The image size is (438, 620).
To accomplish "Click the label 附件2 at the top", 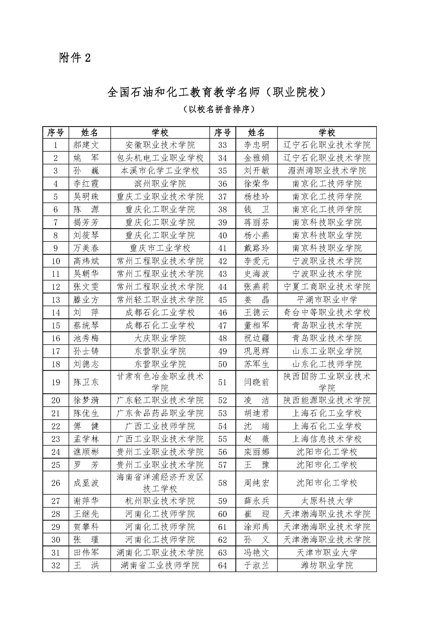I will pyautogui.click(x=75, y=58).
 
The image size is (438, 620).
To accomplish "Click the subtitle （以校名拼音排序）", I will pyautogui.click(x=219, y=109).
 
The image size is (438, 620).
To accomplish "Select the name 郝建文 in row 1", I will pyautogui.click(x=86, y=145).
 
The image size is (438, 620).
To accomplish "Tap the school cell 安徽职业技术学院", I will pyautogui.click(x=160, y=145).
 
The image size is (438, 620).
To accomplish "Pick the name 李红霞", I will pyautogui.click(x=86, y=184).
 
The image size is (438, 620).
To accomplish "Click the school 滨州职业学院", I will pyautogui.click(x=160, y=184).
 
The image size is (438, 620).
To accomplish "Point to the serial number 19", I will pyautogui.click(x=56, y=382).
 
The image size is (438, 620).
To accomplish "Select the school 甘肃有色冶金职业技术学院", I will pyautogui.click(x=160, y=382).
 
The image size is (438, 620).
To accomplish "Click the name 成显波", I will pyautogui.click(x=86, y=483).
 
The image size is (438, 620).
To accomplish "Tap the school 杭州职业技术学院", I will pyautogui.click(x=160, y=501).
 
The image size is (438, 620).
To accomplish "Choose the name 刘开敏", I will pyautogui.click(x=256, y=171).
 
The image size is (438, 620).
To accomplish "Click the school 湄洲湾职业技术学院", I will pyautogui.click(x=327, y=171).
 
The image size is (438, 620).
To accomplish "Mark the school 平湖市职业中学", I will pyautogui.click(x=327, y=300).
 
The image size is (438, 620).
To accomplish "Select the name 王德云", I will pyautogui.click(x=256, y=313).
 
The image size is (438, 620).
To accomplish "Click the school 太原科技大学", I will pyautogui.click(x=327, y=501).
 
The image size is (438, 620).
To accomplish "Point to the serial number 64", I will pyautogui.click(x=222, y=565).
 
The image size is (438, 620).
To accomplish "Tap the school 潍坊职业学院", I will pyautogui.click(x=327, y=565).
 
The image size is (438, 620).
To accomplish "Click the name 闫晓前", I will pyautogui.click(x=256, y=382).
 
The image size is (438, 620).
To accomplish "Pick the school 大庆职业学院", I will pyautogui.click(x=160, y=338).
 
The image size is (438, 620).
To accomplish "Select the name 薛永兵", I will pyautogui.click(x=256, y=501).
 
